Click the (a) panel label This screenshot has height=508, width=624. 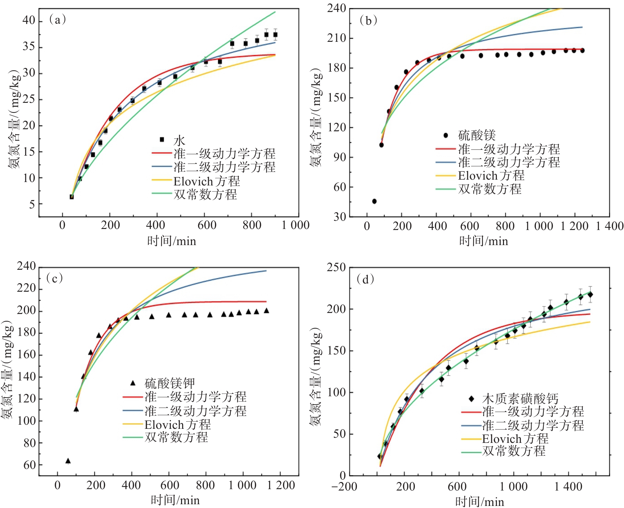(x=57, y=20)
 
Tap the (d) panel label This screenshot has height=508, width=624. (x=365, y=279)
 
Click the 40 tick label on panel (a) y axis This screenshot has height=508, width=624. (x=29, y=21)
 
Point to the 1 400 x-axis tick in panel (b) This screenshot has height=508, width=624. (x=609, y=226)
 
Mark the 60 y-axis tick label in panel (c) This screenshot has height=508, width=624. (x=29, y=465)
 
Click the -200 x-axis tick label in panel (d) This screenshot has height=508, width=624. (x=344, y=487)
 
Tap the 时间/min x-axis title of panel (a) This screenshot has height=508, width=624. (x=171, y=241)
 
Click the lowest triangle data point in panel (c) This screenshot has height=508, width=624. (x=68, y=461)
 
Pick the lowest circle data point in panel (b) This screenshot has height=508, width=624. (x=374, y=201)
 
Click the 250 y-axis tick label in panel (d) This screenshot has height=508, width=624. (x=336, y=267)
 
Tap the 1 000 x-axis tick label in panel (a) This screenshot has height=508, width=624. (x=296, y=225)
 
